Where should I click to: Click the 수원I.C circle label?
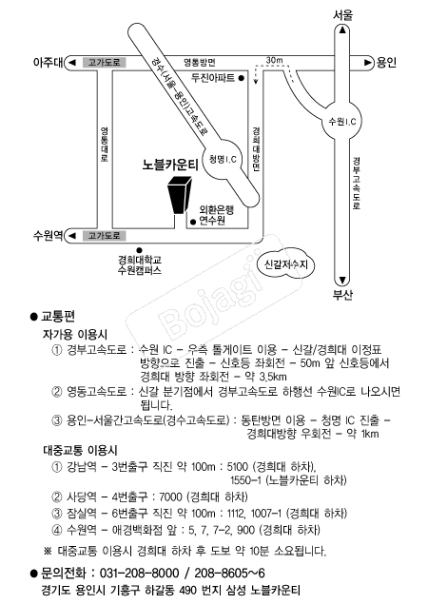tap(342, 122)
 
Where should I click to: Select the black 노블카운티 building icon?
tap(179, 195)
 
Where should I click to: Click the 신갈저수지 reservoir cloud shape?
tap(285, 264)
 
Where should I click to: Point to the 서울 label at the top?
tap(342, 15)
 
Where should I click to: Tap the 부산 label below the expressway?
tap(342, 295)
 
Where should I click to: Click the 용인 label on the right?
tap(386, 63)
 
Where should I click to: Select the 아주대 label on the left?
tap(48, 63)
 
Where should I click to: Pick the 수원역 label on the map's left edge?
tap(48, 235)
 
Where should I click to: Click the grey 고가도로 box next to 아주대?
tap(105, 63)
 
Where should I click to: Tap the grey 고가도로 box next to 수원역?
tap(105, 236)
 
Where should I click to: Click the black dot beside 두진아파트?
tap(242, 78)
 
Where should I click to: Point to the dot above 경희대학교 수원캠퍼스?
tap(140, 250)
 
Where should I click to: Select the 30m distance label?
tap(274, 60)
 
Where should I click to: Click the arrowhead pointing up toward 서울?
tap(342, 30)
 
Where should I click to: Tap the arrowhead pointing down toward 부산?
tap(342, 280)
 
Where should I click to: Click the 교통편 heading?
tap(58, 317)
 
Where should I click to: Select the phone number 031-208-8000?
tap(139, 574)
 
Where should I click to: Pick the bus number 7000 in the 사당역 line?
tap(170, 497)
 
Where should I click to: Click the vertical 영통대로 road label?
tap(105, 144)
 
